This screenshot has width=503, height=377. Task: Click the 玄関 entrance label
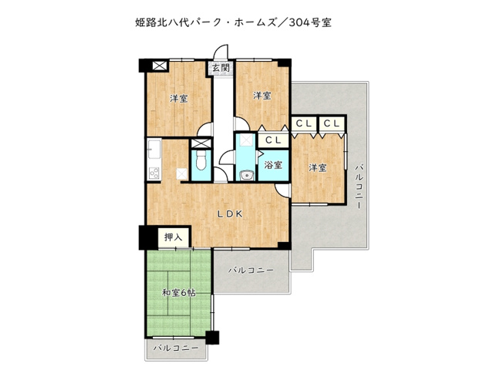click(221, 68)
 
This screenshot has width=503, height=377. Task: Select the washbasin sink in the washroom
click(247, 174)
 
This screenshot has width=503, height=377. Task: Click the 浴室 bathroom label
click(273, 165)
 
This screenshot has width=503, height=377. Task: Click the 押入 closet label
click(173, 238)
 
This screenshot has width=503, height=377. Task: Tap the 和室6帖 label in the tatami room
click(178, 293)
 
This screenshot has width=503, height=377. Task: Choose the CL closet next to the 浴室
click(272, 140)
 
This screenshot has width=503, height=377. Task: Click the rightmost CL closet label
click(333, 123)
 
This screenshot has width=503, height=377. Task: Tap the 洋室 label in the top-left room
click(179, 98)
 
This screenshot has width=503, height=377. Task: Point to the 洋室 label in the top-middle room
click(262, 96)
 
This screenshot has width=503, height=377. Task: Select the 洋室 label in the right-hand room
click(317, 167)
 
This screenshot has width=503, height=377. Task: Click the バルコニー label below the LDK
click(251, 271)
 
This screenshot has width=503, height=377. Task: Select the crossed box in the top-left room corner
click(160, 66)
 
